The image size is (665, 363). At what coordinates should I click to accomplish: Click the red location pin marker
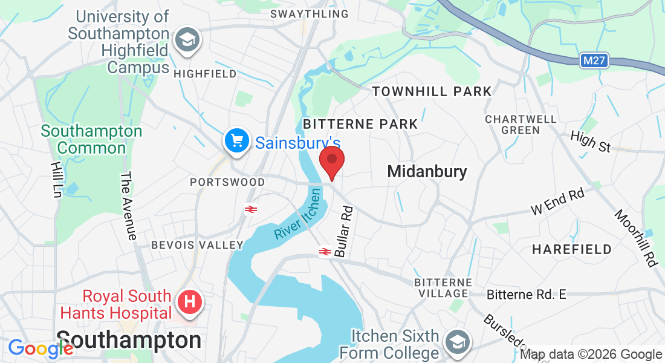tap(331, 160)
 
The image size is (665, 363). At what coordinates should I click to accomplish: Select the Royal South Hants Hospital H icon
tap(189, 301)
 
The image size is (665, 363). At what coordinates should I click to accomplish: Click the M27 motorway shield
tap(595, 60)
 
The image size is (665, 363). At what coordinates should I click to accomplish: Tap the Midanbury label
tap(427, 172)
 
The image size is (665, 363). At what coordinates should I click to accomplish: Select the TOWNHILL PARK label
tap(432, 92)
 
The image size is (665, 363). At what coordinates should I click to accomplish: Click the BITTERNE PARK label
tap(360, 124)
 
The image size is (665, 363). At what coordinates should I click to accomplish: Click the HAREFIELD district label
tap(572, 249)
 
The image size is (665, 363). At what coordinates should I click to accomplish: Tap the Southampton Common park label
tap(92, 139)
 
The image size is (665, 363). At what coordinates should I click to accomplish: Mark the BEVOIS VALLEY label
tap(197, 245)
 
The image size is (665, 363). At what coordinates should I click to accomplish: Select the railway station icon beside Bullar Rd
tap(325, 251)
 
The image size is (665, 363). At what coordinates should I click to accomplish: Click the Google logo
tap(41, 348)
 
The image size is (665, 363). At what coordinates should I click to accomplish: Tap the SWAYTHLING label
tap(309, 13)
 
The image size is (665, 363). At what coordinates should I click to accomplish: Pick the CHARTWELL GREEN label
tap(521, 124)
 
